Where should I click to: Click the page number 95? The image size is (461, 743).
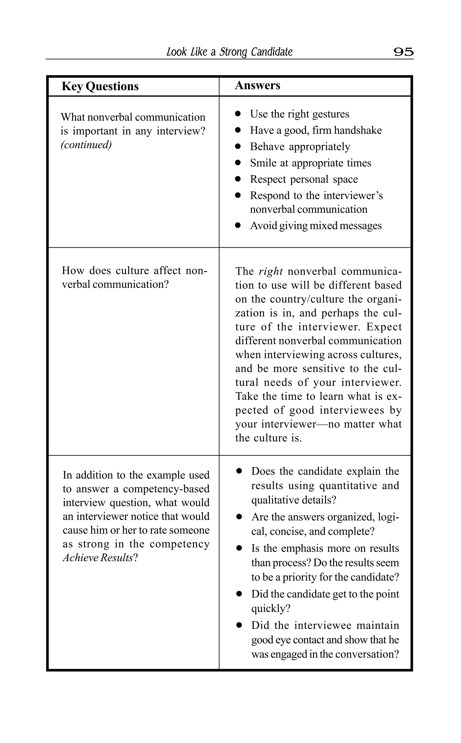pos(403,52)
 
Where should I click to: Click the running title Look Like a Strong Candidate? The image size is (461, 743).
pos(229,52)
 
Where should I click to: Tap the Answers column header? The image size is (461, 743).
pos(257,85)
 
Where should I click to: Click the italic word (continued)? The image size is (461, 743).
pos(86,144)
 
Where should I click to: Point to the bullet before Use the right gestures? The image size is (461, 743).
pos(238,114)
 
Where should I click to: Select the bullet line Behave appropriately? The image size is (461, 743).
pos(300,146)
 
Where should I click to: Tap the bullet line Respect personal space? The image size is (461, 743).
pos(304,179)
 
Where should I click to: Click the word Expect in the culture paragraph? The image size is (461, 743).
pos(384,327)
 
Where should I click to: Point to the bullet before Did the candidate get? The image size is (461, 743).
pos(239,594)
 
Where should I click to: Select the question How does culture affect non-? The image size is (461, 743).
pos(134,271)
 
